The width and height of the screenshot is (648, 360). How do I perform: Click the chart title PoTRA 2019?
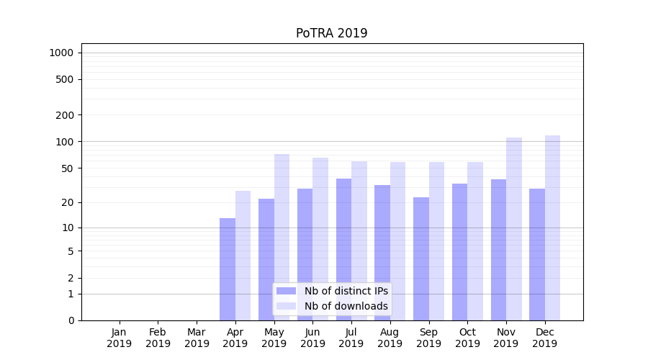click(331, 34)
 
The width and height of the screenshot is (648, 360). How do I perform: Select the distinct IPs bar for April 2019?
click(228, 269)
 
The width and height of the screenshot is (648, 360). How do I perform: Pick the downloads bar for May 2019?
click(282, 237)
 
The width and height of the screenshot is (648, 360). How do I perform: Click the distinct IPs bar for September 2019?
click(421, 258)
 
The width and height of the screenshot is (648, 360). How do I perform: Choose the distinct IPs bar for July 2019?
click(343, 249)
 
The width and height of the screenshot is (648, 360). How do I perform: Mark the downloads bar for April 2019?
click(243, 256)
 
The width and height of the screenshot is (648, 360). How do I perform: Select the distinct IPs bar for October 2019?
click(460, 252)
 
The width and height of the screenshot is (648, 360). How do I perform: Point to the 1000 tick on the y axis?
click(61, 53)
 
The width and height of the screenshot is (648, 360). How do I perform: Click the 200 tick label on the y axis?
click(66, 115)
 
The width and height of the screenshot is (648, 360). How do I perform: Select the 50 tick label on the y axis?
click(68, 168)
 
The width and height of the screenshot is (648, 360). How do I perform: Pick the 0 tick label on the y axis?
click(71, 320)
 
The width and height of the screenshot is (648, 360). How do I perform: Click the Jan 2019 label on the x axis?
click(120, 338)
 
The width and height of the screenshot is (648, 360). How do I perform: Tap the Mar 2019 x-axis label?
click(197, 338)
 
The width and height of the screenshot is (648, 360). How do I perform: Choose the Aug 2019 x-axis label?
click(390, 338)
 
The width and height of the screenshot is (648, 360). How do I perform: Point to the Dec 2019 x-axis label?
click(545, 338)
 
